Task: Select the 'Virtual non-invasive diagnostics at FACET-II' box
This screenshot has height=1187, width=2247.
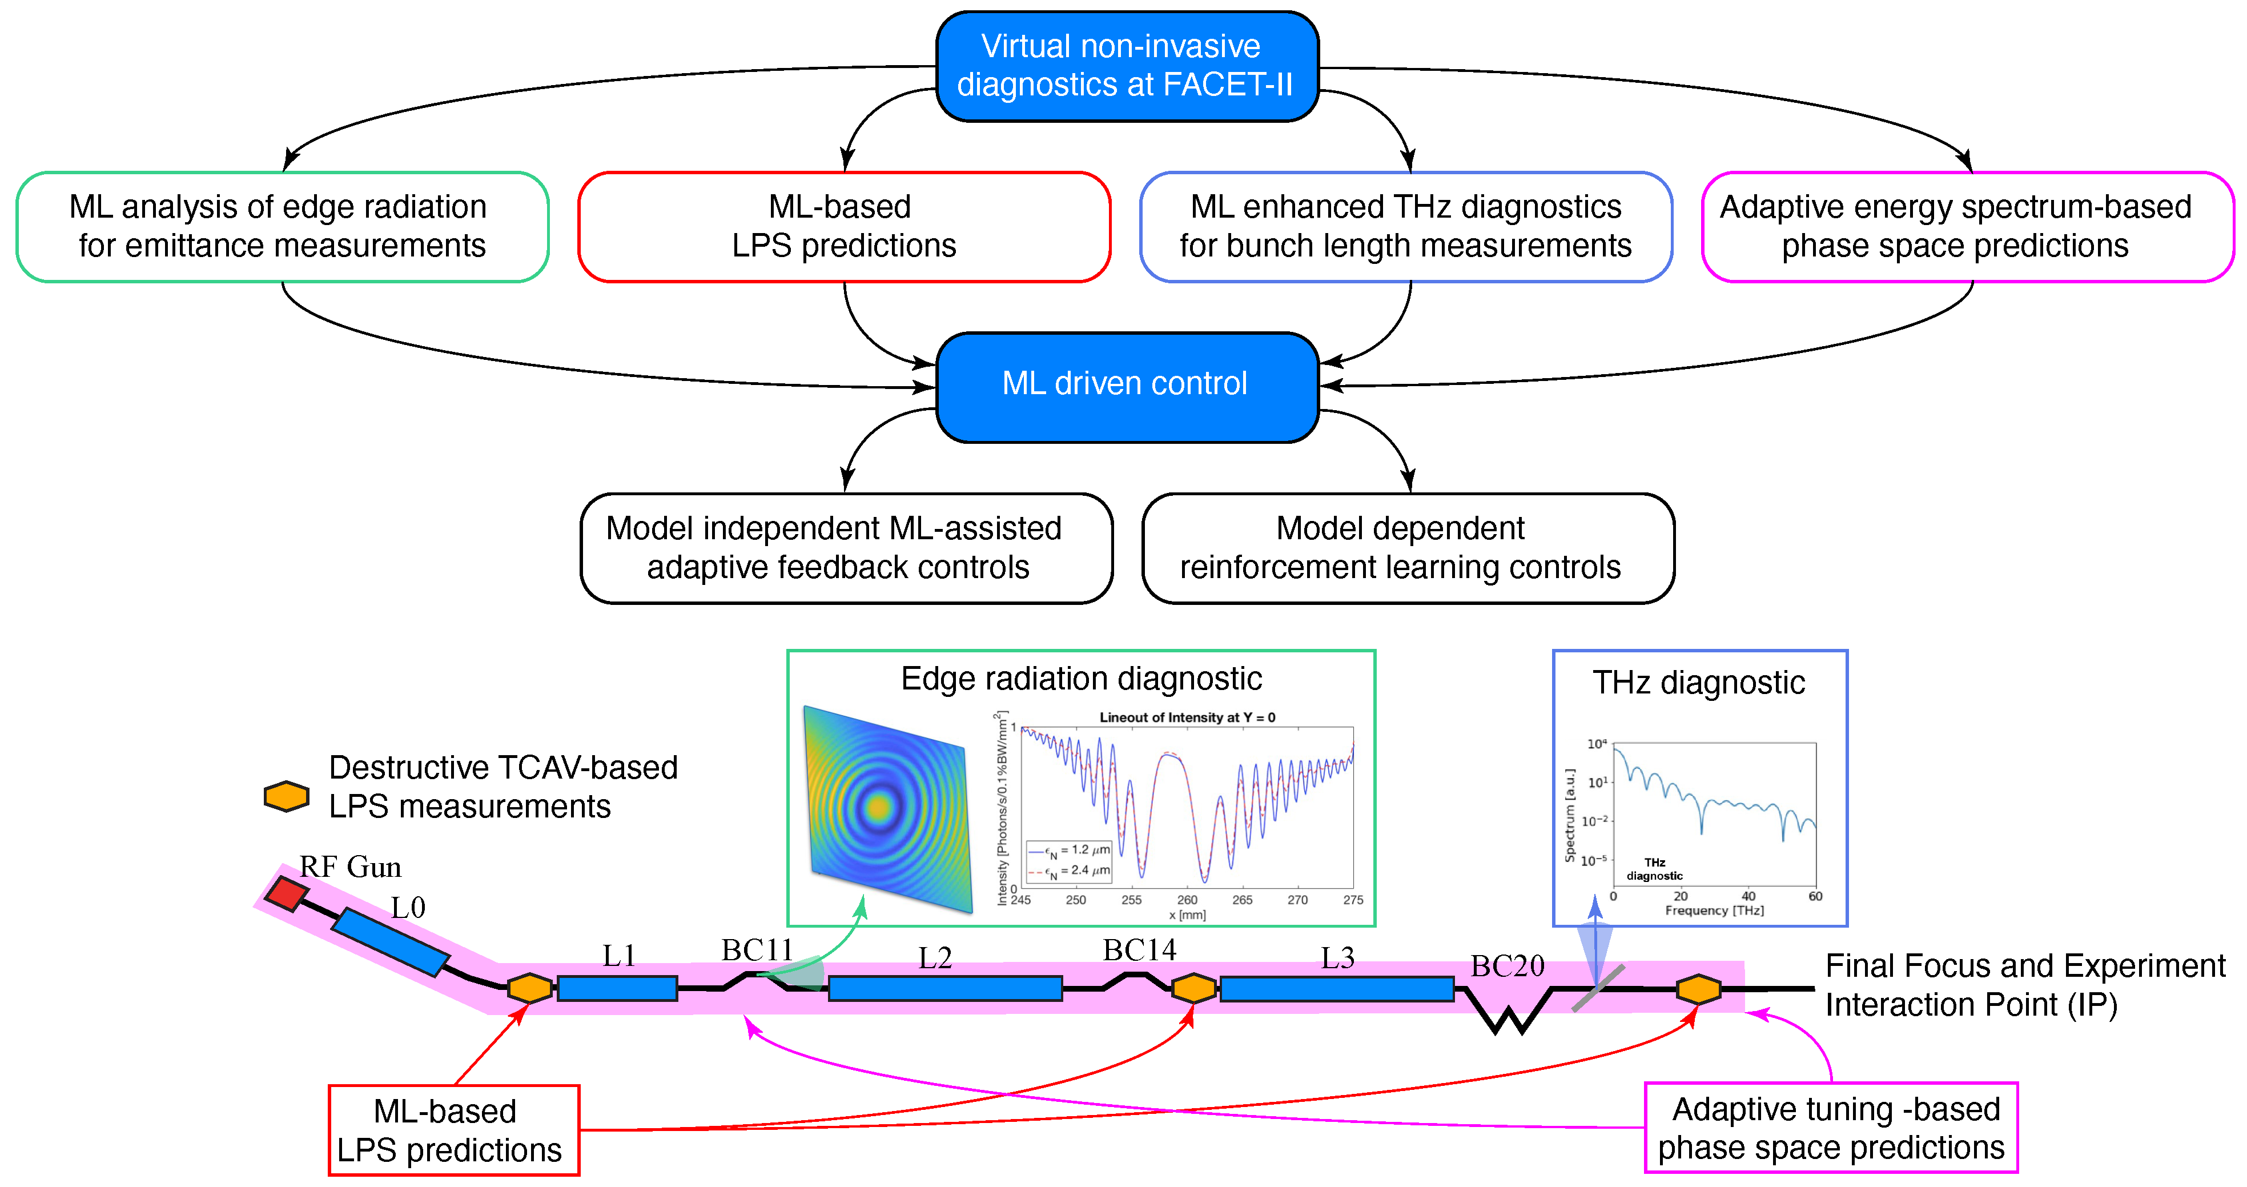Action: click(x=1126, y=66)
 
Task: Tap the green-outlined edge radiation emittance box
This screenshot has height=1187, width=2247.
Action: click(x=282, y=227)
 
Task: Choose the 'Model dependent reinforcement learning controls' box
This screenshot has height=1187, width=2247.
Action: click(x=1407, y=548)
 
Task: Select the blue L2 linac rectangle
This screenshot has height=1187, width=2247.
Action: click(x=944, y=988)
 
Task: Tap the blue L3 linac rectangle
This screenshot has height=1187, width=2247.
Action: click(x=1336, y=988)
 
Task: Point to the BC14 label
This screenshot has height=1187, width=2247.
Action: click(x=1139, y=949)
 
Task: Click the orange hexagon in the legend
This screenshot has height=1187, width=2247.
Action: click(x=286, y=796)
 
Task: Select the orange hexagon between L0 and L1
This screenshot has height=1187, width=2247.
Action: click(x=529, y=988)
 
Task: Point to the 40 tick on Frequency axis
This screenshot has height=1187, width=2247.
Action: click(x=1748, y=896)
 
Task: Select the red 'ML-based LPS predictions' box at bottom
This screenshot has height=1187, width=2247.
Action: click(x=453, y=1130)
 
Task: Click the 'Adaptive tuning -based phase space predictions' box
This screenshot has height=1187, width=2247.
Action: click(x=1830, y=1128)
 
